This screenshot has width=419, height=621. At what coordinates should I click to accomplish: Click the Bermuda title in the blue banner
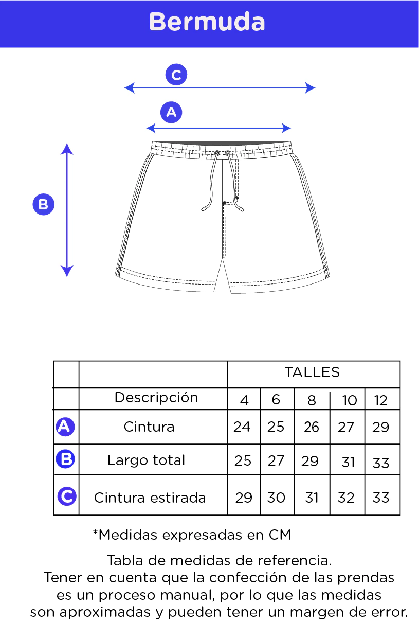coord(207,22)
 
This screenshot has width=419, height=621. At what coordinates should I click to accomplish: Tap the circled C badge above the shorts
coord(176,75)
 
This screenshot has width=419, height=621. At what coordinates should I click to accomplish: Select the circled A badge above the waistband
coord(171,112)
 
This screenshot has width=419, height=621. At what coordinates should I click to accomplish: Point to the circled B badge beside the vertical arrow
coord(44,204)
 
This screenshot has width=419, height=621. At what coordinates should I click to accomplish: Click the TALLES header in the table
coord(312,372)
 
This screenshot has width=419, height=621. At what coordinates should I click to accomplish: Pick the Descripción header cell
coord(156,398)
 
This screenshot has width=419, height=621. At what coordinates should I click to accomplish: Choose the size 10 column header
coord(350,401)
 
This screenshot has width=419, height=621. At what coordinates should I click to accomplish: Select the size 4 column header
coord(244,401)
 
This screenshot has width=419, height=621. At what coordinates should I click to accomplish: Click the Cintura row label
coord(149,427)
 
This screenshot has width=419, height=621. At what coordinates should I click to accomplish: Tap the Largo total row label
coord(146,460)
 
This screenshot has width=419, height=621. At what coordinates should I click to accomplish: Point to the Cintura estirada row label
coord(150,498)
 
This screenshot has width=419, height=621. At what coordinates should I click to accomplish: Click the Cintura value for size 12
coord(380,427)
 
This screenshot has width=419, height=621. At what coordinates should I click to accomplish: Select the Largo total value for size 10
coord(348,462)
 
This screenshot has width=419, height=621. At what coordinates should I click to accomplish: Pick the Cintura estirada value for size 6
coord(276,498)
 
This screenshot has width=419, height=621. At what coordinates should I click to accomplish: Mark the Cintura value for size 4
coord(242,427)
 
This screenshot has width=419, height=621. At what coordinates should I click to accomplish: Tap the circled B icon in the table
coord(65,459)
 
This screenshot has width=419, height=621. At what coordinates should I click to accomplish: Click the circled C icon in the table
coord(67,496)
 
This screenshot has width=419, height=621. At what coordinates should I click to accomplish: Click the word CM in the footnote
coord(280,535)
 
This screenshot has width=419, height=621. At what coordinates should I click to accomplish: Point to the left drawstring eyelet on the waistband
coord(217,153)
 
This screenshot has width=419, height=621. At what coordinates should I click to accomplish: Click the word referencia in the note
coord(295,561)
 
